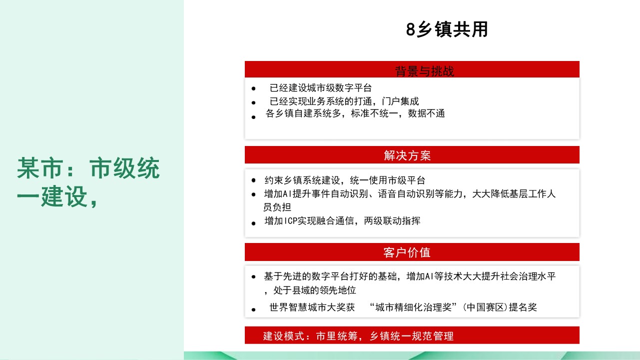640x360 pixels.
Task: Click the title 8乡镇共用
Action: (x=447, y=29)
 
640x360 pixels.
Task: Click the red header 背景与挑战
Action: (x=424, y=71)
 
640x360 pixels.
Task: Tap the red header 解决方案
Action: (x=407, y=155)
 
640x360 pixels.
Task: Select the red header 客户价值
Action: (x=407, y=252)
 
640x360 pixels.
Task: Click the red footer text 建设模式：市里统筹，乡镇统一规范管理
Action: (x=358, y=336)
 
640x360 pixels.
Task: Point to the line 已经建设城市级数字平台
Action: (x=321, y=88)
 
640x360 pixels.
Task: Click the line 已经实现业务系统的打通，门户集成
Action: (x=344, y=101)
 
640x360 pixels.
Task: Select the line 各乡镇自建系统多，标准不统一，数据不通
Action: (x=355, y=113)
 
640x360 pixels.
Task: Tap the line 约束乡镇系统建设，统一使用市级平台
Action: (x=345, y=180)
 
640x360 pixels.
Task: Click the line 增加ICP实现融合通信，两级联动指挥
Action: (x=342, y=220)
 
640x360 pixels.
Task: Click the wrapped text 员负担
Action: (x=277, y=206)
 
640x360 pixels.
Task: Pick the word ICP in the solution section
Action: (x=290, y=221)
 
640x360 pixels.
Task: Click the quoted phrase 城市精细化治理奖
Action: (x=413, y=307)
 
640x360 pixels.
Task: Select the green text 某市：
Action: (x=46, y=168)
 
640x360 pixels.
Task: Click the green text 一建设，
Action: (x=57, y=196)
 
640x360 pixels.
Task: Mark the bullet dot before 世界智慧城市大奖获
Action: (x=253, y=309)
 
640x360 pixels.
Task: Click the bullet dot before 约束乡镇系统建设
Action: (x=253, y=180)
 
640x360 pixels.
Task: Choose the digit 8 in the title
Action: (x=410, y=29)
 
